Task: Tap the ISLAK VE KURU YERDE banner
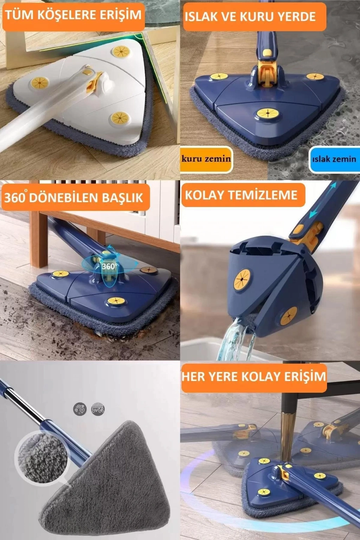(x=255, y=17)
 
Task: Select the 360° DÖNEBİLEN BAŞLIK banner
(x=76, y=197)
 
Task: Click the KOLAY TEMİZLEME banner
(x=243, y=195)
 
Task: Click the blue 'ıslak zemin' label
(x=334, y=159)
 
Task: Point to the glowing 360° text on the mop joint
(x=109, y=266)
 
